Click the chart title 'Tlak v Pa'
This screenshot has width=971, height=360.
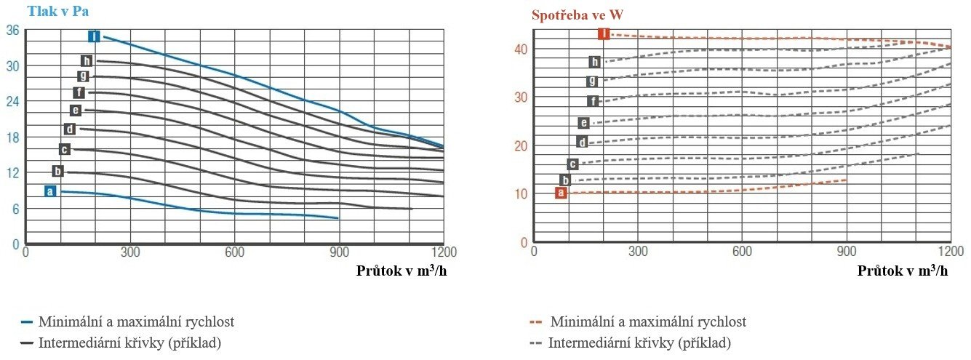(x=59, y=11)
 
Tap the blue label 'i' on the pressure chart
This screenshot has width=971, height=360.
(x=93, y=36)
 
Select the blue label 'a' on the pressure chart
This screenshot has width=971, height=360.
(x=49, y=191)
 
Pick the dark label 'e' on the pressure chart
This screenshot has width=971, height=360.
(x=75, y=111)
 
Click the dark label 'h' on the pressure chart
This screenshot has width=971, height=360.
(x=87, y=61)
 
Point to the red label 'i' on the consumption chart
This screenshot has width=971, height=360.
(x=603, y=33)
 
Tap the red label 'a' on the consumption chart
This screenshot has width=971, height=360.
(x=560, y=193)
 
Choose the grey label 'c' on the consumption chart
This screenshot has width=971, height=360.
(x=572, y=164)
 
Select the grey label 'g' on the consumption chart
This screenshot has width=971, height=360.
(x=593, y=81)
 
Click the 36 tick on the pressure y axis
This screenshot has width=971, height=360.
(x=12, y=31)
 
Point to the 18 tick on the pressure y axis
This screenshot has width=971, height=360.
(x=12, y=137)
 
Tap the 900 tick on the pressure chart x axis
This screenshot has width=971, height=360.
(x=339, y=252)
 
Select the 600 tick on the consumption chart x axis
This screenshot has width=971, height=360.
(x=741, y=252)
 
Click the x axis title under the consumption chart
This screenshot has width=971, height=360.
(x=903, y=271)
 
